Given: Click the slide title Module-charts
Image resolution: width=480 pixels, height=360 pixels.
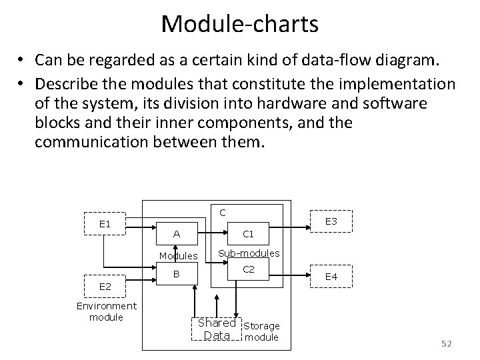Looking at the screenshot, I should [x=239, y=24].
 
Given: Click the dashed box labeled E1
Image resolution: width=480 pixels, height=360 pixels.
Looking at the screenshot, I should [x=105, y=223].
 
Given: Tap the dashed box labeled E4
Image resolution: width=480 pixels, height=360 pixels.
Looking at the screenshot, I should [x=330, y=276].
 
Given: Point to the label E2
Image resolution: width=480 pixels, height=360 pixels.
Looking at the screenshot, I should [x=105, y=287].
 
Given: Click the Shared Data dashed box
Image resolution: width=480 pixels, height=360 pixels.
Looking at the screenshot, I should [x=217, y=329].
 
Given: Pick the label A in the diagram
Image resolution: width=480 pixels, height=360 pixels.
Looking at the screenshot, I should [x=176, y=234].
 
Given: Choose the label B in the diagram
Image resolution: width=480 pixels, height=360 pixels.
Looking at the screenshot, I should [x=176, y=273].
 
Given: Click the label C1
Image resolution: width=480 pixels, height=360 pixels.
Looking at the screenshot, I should [x=248, y=234].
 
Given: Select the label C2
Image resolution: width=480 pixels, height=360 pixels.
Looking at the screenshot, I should [x=248, y=269].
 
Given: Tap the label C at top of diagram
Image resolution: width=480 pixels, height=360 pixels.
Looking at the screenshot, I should [x=223, y=212].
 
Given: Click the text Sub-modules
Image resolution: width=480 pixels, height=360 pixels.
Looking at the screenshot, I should [x=249, y=253].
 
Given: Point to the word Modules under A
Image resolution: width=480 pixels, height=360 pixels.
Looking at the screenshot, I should [x=178, y=256].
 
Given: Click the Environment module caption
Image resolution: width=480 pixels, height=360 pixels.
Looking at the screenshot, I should [x=107, y=311].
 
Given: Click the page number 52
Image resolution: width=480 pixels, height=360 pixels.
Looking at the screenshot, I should [x=446, y=343].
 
